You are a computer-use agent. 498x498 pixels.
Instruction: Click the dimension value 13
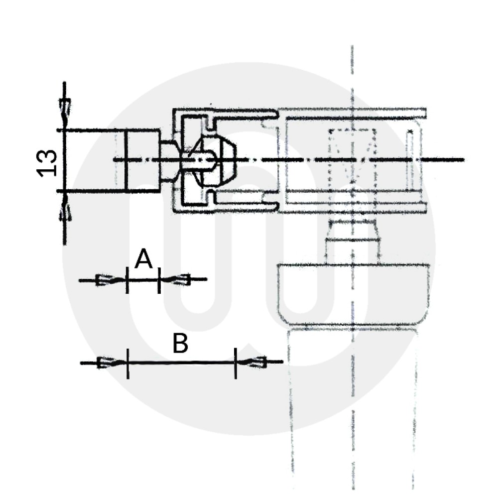47,162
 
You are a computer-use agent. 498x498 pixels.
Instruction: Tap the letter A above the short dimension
143,259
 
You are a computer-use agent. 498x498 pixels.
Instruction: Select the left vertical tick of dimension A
127,280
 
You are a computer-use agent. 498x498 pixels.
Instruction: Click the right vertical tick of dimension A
159,280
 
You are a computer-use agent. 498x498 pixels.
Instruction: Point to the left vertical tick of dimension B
127,363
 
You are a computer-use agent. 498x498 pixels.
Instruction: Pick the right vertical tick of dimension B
236,363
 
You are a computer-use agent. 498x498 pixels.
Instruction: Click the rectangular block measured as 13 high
142,160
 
